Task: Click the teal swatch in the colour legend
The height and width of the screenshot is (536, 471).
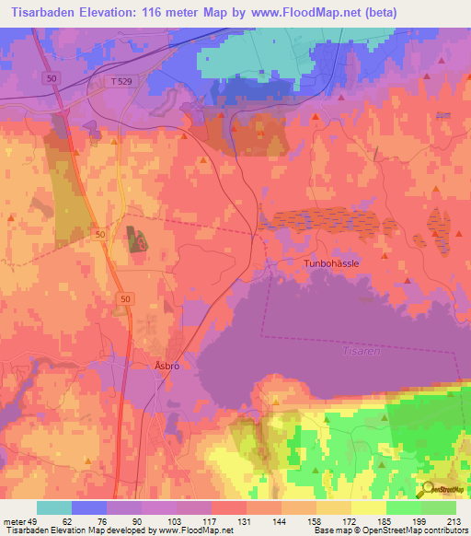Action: (54, 507)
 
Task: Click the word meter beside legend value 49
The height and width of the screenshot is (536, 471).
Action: (13, 521)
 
